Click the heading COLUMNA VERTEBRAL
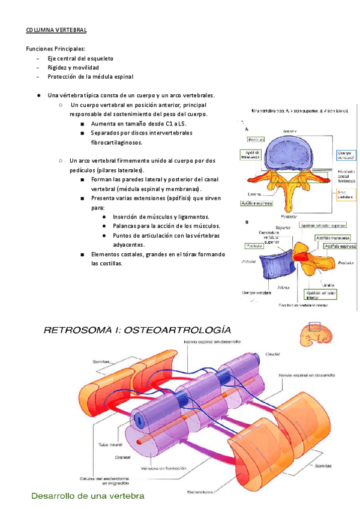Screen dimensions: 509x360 pos(56,29)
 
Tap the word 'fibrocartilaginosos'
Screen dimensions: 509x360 pos(117,143)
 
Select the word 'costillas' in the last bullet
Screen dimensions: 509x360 pos(107,264)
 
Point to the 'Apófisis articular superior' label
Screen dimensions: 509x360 pos(323,225)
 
